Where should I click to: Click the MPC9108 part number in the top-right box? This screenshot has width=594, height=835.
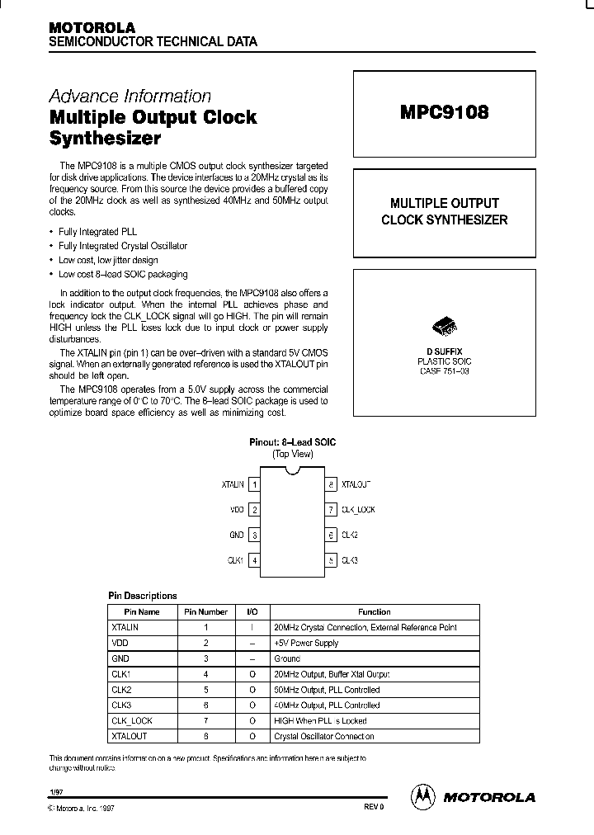click(445, 113)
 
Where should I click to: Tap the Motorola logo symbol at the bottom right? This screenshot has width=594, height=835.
click(422, 796)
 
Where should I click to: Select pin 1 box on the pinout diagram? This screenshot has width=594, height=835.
click(256, 485)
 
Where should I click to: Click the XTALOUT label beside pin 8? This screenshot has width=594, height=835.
click(356, 485)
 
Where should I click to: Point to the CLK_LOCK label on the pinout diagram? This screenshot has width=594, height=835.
click(358, 510)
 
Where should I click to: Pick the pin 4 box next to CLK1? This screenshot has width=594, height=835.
click(256, 560)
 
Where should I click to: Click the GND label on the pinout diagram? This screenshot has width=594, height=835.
click(237, 535)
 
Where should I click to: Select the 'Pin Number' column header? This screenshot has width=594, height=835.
click(205, 612)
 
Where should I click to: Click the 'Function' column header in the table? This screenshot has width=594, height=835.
click(374, 612)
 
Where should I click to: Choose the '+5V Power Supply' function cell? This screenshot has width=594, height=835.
click(306, 643)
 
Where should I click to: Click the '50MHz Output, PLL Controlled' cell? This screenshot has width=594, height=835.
click(327, 690)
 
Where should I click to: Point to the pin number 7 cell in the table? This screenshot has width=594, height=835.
click(205, 720)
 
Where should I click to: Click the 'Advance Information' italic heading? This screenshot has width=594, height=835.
click(130, 96)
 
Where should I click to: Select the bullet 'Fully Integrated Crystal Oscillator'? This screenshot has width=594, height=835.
click(123, 246)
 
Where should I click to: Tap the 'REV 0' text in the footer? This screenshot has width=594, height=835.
click(374, 807)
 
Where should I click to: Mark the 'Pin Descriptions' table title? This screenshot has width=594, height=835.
click(143, 595)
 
